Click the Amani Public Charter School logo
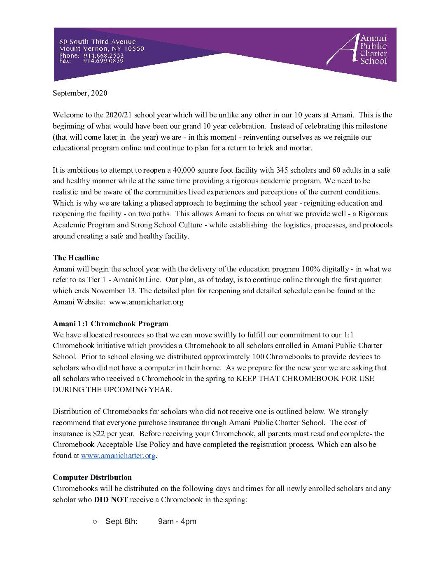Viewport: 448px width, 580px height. [357, 50]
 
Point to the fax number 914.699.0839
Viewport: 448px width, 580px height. [103, 61]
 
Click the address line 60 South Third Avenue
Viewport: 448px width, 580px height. [97, 42]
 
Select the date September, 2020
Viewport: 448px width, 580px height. [80, 93]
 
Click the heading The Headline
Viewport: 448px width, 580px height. [76, 258]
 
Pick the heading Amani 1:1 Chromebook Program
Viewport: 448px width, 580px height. [110, 324]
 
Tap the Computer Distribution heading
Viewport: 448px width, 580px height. [92, 477]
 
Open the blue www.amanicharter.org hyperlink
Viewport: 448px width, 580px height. [118, 456]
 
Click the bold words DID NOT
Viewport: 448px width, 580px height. [111, 500]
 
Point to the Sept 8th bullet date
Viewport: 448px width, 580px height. [121, 522]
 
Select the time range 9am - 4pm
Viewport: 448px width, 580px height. [177, 522]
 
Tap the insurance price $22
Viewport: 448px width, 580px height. [99, 434]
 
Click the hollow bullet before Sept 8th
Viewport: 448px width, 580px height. [95, 522]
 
